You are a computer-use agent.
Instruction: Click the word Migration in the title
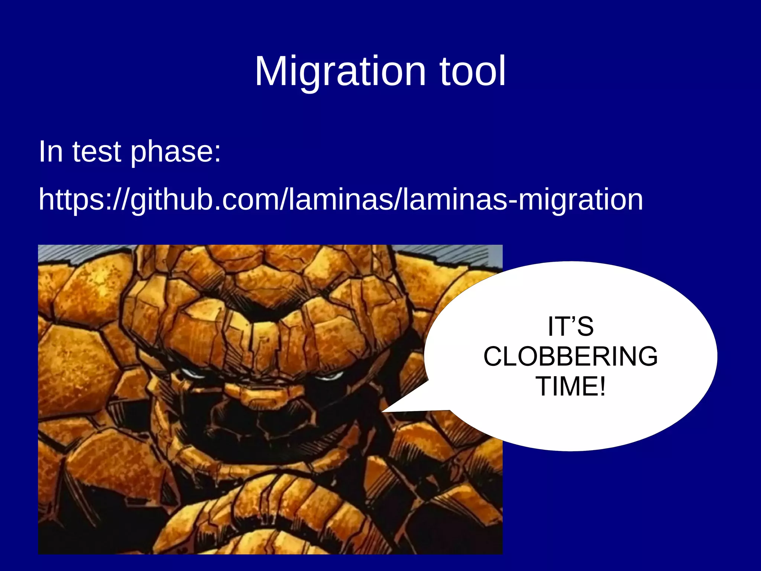340,71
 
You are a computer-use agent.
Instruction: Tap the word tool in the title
473,71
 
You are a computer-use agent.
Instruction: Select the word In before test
51,152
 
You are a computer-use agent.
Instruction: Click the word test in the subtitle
97,152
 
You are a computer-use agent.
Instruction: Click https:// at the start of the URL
84,200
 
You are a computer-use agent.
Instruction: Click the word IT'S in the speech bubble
570,326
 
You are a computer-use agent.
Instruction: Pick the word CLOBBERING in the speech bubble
570,357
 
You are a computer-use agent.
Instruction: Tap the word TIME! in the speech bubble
570,387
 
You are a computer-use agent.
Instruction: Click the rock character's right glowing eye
329,376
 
